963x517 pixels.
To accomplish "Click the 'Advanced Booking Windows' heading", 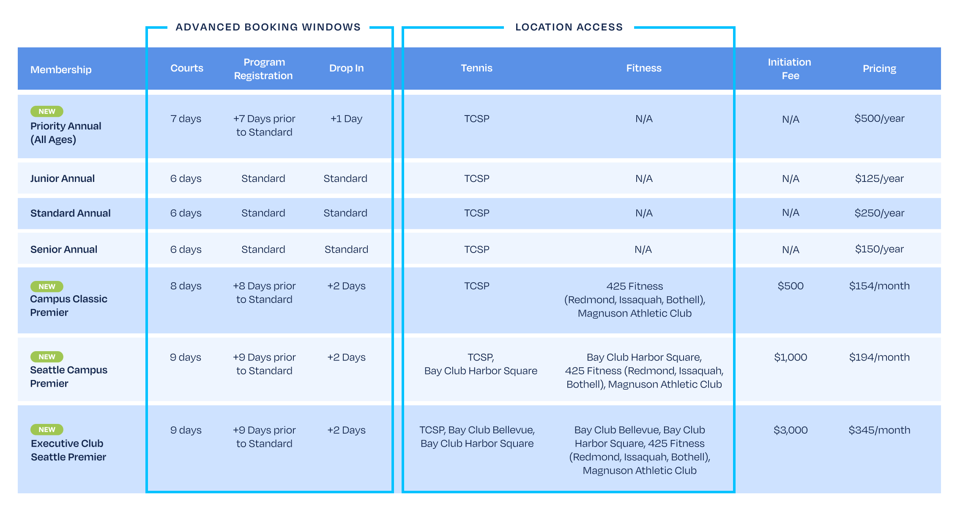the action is point(268,27).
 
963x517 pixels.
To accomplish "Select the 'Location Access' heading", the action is point(569,27).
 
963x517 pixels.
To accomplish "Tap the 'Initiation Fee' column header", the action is point(790,69).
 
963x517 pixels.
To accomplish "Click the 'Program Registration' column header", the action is point(263,69).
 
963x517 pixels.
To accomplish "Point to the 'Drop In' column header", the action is point(346,68).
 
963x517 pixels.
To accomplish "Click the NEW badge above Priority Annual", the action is point(47,111).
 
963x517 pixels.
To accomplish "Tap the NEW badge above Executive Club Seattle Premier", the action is point(47,429).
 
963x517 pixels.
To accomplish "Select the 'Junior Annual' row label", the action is point(63,179).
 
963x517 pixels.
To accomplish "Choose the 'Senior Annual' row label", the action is point(64,250).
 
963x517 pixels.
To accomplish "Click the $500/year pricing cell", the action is point(879,118).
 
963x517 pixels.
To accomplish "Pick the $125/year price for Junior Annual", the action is point(879,179).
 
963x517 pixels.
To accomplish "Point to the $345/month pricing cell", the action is point(879,430).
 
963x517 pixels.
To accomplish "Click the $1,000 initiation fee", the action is point(791,357).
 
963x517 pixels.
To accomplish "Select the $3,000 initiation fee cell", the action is point(791,430).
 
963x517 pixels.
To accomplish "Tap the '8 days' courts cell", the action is point(186,286).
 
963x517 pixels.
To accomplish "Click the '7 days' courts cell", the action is point(186,119).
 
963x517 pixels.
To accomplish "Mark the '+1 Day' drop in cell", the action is point(346,119).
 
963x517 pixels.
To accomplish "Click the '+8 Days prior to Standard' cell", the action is point(264,293).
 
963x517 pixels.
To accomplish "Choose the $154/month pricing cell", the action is point(879,286).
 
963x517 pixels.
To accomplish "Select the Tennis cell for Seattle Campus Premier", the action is point(481,364).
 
